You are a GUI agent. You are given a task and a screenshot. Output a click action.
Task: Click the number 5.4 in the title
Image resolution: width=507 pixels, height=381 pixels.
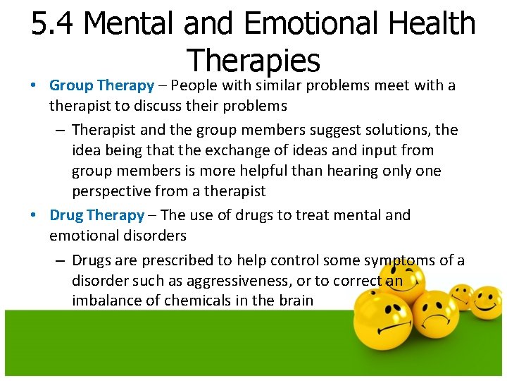(54, 24)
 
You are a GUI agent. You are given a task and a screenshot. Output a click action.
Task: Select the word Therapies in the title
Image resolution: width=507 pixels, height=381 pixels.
(254, 61)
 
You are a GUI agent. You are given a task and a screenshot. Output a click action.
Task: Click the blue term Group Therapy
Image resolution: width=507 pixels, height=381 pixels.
(101, 85)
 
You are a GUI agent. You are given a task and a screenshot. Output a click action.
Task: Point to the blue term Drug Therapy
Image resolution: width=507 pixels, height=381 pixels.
(96, 215)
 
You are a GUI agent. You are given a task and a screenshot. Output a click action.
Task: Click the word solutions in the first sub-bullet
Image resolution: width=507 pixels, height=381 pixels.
(394, 130)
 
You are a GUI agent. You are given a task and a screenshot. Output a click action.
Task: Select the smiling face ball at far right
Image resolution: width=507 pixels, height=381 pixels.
(486, 301)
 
